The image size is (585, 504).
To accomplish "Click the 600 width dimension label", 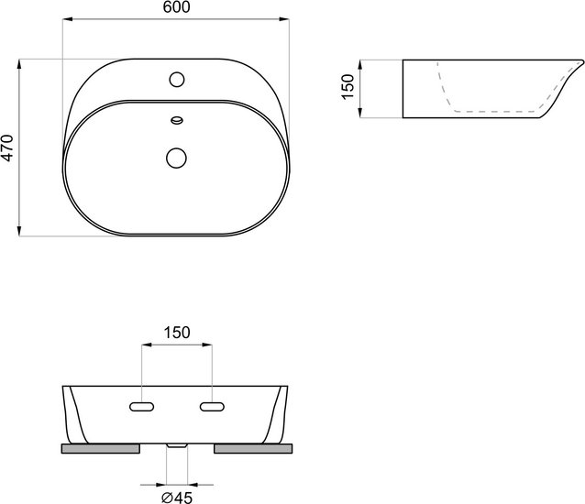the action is [x=176, y=7].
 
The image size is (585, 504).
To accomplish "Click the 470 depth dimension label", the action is [x=7, y=148].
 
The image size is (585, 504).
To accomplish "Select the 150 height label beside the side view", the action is [x=348, y=87].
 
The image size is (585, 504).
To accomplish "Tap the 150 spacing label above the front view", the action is [x=176, y=333].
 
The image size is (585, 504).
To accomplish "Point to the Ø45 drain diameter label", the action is [x=177, y=498].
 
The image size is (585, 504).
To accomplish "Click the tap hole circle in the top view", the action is [x=176, y=80].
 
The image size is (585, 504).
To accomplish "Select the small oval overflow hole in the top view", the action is [x=176, y=120].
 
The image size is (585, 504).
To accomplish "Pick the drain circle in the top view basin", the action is [x=176, y=158].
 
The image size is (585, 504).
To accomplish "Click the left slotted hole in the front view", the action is [x=142, y=407].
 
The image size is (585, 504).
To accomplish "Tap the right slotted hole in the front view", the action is [x=212, y=407].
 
